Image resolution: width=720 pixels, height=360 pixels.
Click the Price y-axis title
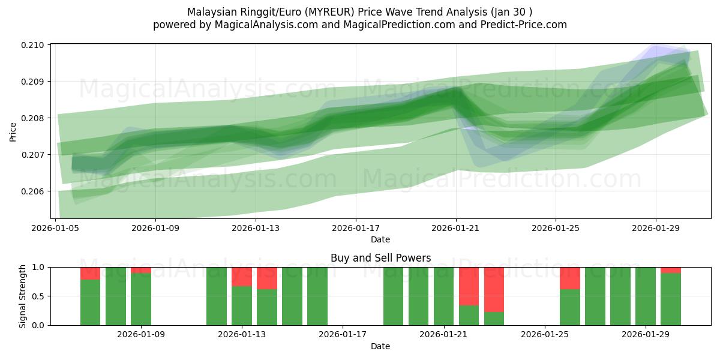point(13,131)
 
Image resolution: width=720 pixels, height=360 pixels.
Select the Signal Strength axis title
point(22,296)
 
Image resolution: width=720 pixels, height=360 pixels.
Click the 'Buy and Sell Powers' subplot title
point(380,258)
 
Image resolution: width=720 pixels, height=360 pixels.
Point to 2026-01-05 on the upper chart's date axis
point(56,228)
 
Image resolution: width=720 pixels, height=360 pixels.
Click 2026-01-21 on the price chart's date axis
point(456,228)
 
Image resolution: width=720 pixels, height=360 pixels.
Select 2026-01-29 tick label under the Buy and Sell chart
point(646,335)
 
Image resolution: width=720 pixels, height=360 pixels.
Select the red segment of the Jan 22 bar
point(469,286)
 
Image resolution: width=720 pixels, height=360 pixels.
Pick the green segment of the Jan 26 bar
point(570,307)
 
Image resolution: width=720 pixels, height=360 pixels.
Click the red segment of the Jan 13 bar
point(242,277)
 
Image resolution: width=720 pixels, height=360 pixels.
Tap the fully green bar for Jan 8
point(116,296)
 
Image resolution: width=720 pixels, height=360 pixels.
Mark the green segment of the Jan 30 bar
point(671,299)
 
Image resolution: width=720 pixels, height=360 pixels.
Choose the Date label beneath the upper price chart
point(380,239)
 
